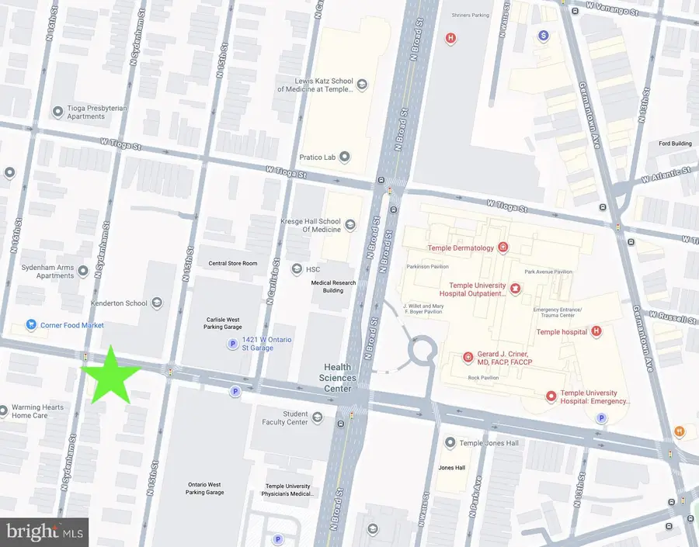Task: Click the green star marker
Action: coord(110,375)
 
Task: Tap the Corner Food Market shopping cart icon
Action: coord(31,325)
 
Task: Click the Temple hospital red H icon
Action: coord(596,332)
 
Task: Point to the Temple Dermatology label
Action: coord(461,248)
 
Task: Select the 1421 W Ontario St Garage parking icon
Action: coord(231,344)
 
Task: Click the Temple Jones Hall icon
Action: coord(450,442)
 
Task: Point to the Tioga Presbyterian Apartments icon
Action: coord(57,112)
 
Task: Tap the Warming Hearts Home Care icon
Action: coord(5,410)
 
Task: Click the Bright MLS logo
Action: coord(44,531)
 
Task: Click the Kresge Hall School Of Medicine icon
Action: coord(349,225)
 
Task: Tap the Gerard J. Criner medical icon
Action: coord(468,358)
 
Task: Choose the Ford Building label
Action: coord(674,143)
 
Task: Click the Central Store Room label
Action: coord(232,263)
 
